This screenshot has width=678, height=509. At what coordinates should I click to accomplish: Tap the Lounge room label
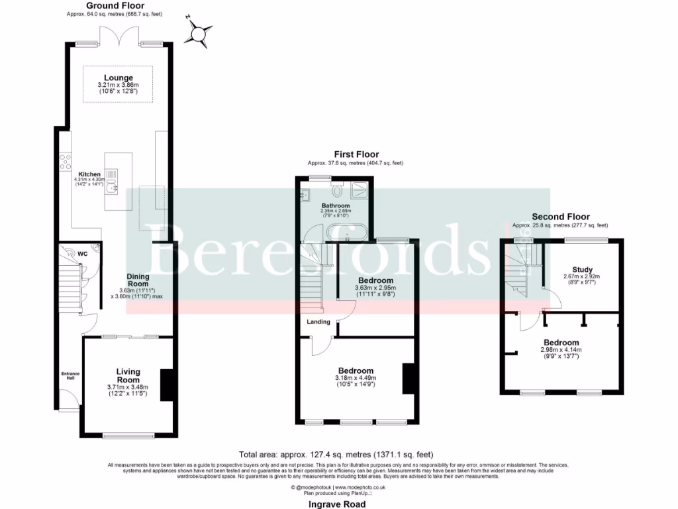[118, 78]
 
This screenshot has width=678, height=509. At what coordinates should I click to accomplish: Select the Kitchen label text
[89, 174]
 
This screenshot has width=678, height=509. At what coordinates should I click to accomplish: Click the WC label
[82, 253]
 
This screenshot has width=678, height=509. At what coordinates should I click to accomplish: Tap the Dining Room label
[138, 280]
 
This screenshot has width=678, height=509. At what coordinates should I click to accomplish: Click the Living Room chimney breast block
[167, 384]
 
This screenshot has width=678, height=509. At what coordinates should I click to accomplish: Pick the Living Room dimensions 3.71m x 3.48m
[127, 387]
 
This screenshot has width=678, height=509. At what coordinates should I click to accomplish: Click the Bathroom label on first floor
[336, 206]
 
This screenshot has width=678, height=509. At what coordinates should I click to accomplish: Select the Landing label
[318, 322]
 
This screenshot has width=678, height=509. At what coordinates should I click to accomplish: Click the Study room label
[582, 269]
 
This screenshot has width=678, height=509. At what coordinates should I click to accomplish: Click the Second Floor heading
[560, 217]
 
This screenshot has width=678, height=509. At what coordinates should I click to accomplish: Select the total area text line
[336, 455]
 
